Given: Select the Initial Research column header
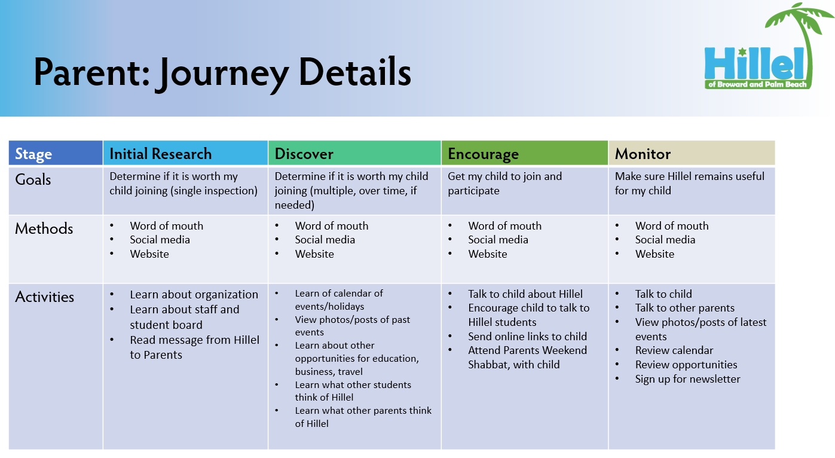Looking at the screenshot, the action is click(x=160, y=154).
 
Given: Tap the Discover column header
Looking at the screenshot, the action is click(x=304, y=154).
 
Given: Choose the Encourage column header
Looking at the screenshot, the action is click(x=483, y=154).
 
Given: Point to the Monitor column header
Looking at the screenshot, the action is click(x=643, y=154).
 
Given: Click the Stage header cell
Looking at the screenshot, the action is click(x=33, y=154).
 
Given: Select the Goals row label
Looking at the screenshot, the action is click(x=33, y=179).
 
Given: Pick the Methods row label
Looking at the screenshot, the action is click(x=44, y=228).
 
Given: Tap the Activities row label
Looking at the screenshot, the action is click(x=45, y=297).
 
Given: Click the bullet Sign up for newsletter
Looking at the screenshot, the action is click(x=687, y=379).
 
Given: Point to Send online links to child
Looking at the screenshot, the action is click(x=527, y=337).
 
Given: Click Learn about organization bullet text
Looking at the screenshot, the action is click(x=194, y=295).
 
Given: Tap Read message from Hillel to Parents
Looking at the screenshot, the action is click(x=194, y=347).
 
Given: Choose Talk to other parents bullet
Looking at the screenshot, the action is click(x=684, y=308).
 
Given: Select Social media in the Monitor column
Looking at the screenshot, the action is click(x=665, y=240).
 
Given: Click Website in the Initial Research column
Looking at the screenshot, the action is click(x=149, y=254).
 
